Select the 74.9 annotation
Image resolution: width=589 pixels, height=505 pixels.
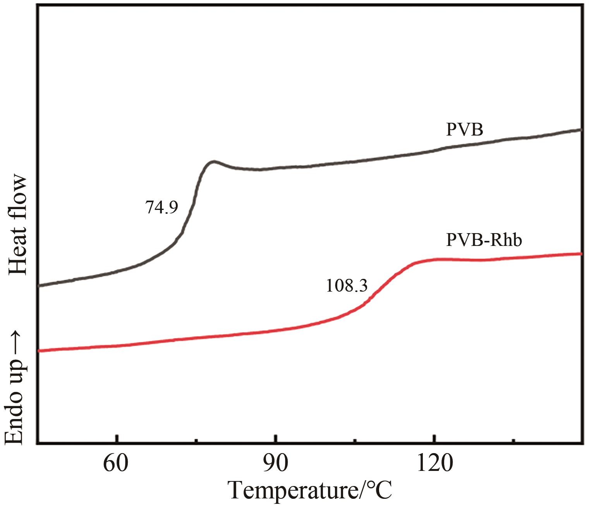pos(161,208)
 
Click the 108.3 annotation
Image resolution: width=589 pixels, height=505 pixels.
pos(346,286)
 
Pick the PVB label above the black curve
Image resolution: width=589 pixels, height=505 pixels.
pos(464,130)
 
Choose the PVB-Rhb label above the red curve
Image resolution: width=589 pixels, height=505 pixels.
pos(484,240)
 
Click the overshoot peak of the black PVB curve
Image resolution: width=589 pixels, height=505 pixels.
pos(213,161)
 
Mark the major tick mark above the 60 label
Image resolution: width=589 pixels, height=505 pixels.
pos(116,439)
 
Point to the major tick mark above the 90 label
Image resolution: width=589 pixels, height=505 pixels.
pos(275,439)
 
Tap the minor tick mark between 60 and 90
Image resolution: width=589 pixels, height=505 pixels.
pos(196,440)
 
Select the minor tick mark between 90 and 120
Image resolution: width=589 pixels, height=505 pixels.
pos(355,440)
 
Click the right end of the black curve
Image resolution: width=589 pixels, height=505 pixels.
pos(580,130)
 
